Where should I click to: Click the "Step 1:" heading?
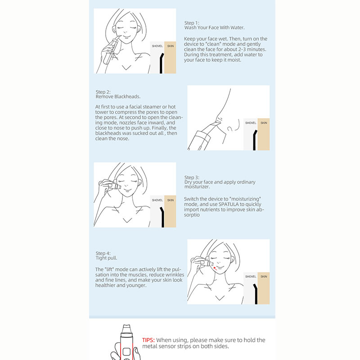click(192, 23)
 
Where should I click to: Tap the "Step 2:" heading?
click(103, 92)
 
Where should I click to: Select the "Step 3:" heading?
click(192, 177)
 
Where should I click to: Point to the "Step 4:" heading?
click(103, 253)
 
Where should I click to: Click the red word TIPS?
click(148, 340)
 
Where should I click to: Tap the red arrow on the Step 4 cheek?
click(215, 268)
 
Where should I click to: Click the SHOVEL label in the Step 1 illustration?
click(157, 46)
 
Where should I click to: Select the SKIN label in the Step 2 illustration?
click(264, 123)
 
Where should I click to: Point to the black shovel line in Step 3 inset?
click(162, 217)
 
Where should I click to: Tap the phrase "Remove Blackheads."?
click(118, 97)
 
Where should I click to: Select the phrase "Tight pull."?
click(106, 258)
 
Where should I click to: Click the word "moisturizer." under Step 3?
click(197, 187)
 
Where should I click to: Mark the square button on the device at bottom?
click(126, 352)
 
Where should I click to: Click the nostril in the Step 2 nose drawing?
click(230, 129)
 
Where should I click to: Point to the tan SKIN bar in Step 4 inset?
click(264, 288)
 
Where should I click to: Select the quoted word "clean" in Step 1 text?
click(213, 44)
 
